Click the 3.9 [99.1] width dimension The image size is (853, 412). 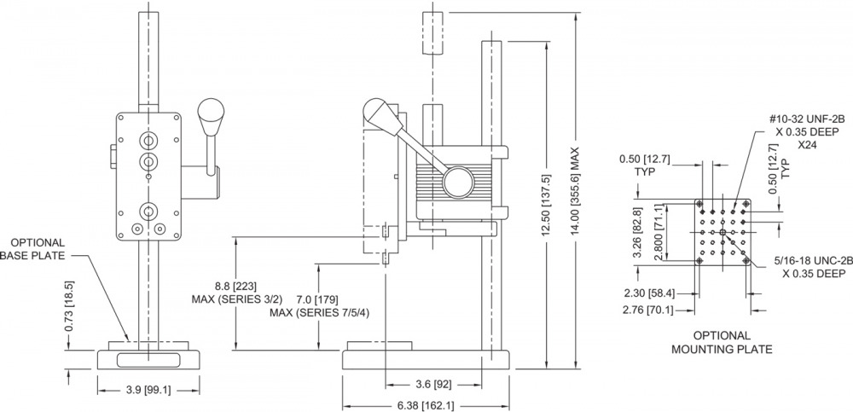click(148, 390)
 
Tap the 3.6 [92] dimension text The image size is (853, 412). click(433, 384)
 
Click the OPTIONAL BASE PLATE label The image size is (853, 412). click(36, 249)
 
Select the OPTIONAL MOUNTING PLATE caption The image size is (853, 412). click(722, 342)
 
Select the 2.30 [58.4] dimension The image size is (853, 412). click(647, 294)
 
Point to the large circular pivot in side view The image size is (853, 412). click(458, 182)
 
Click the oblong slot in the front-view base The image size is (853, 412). click(148, 360)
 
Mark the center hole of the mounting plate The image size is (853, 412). click(722, 233)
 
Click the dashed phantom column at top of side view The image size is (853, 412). click(432, 32)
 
